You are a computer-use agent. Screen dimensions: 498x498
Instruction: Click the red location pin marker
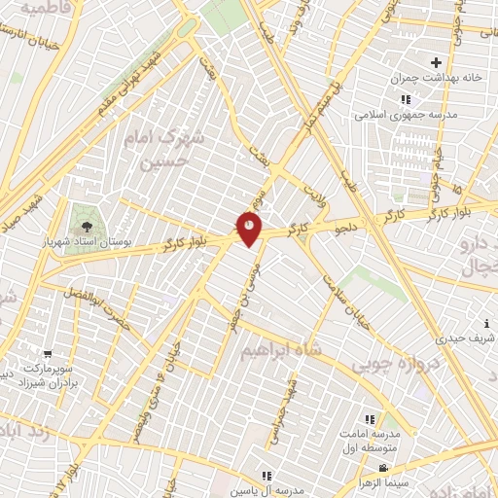click(x=250, y=227)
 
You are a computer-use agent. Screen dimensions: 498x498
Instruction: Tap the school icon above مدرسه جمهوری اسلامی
click(x=405, y=99)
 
